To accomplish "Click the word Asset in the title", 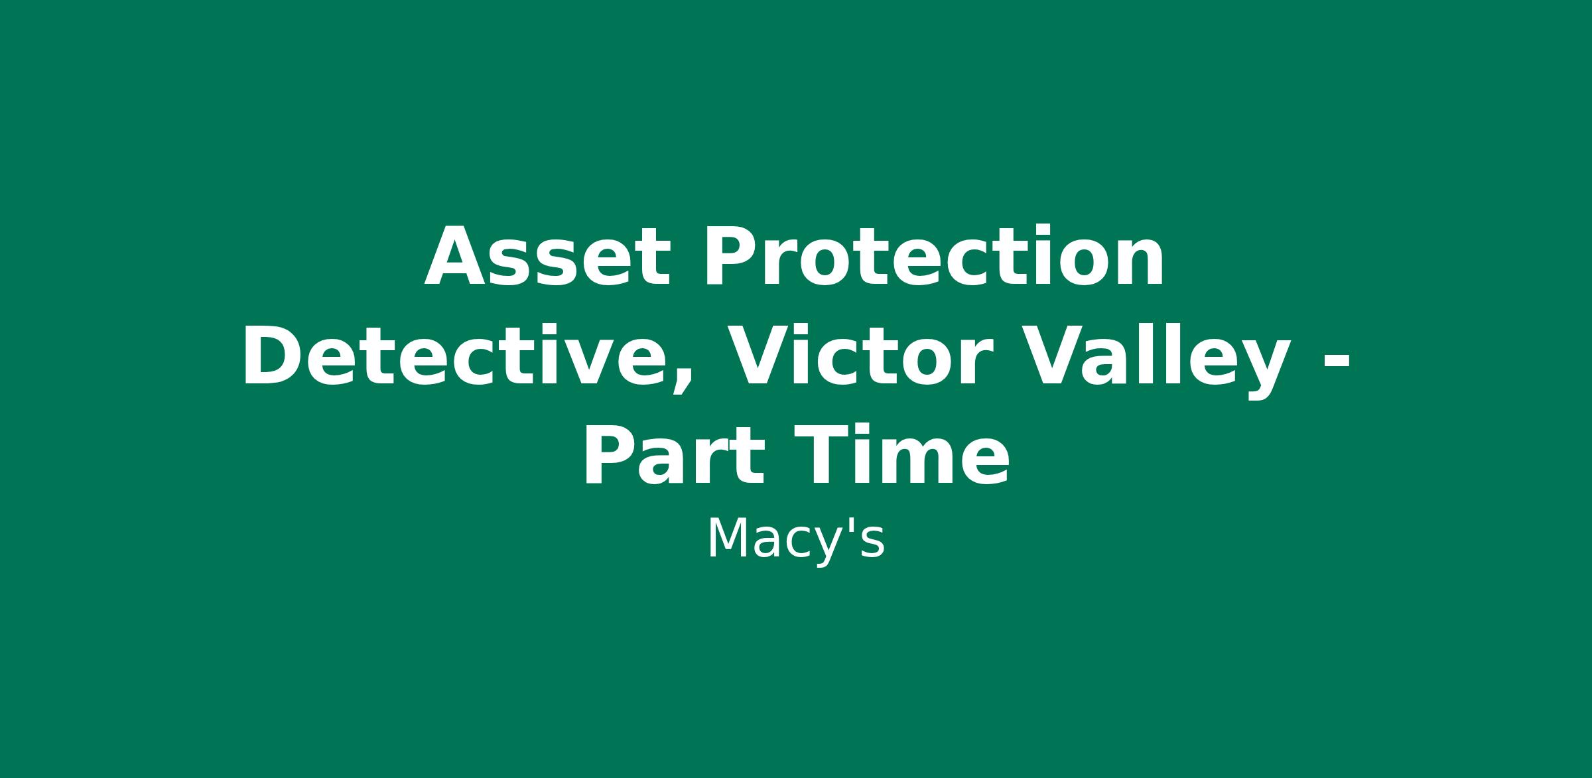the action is [x=548, y=257].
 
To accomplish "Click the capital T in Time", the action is [x=823, y=456].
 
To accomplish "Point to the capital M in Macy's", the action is [x=727, y=539].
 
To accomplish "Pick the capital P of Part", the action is [x=610, y=456].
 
